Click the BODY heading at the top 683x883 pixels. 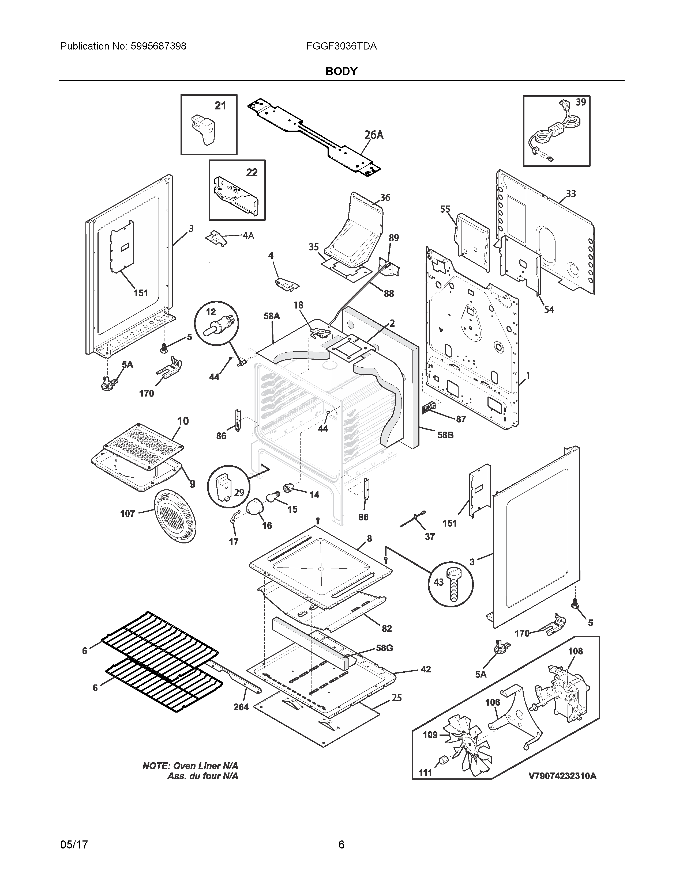click(x=341, y=71)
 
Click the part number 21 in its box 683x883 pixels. click(x=220, y=106)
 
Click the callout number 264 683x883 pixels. click(x=241, y=707)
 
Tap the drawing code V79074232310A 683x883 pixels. click(x=562, y=776)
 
